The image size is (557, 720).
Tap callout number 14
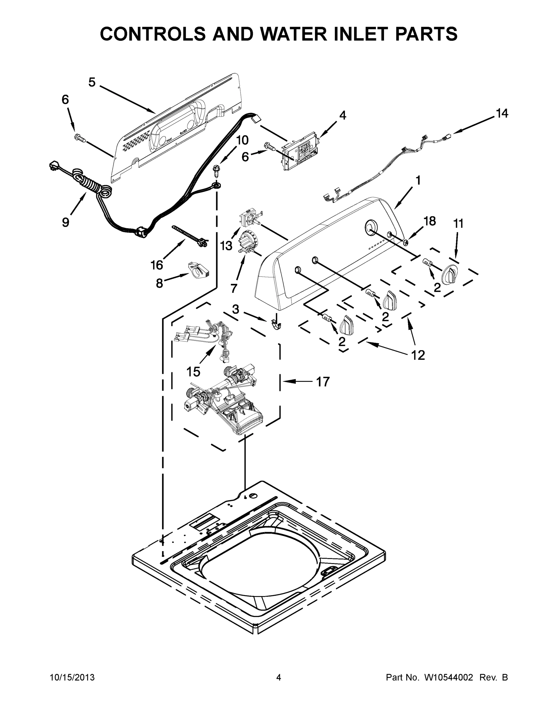click(501, 113)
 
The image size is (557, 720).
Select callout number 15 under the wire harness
click(193, 372)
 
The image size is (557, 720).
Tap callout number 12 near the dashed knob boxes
click(418, 355)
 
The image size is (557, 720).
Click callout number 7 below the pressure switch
click(234, 288)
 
